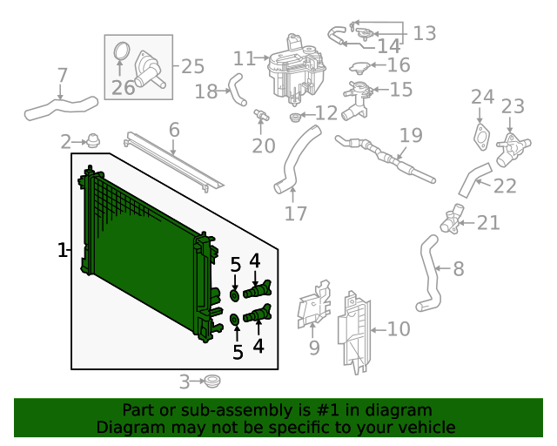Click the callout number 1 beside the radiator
point(62,251)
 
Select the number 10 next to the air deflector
point(398,329)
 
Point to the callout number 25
point(192,65)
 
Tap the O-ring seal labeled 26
point(121,54)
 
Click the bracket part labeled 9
point(313,307)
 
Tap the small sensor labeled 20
point(259,116)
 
